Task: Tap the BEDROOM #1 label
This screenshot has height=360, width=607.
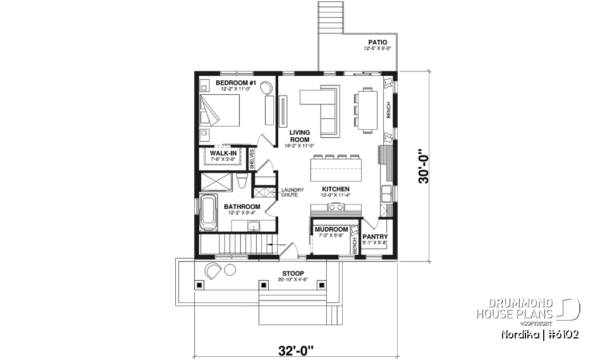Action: (235, 84)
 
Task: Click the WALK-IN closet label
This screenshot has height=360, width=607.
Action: (223, 153)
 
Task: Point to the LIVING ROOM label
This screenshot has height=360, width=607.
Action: (300, 136)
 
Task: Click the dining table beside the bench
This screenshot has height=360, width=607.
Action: (367, 110)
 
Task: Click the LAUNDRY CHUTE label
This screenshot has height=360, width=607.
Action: (293, 192)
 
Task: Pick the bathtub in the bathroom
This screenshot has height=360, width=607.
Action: (208, 214)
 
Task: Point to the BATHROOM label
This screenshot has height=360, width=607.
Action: (242, 207)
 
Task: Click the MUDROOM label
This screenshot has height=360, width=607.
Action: (331, 230)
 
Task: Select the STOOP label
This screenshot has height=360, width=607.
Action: (293, 274)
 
